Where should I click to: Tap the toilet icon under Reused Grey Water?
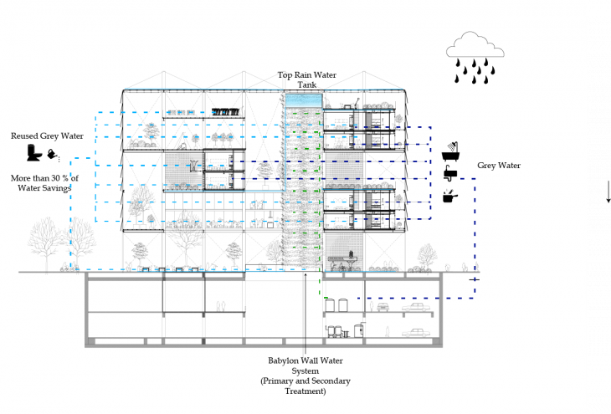click(34, 153)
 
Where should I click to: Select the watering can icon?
click(54, 155)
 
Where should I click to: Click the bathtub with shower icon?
click(452, 154)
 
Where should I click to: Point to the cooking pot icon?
click(452, 197)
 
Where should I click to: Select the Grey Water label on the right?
click(499, 166)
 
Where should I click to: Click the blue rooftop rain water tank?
click(303, 100)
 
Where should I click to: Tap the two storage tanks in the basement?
click(336, 330)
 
